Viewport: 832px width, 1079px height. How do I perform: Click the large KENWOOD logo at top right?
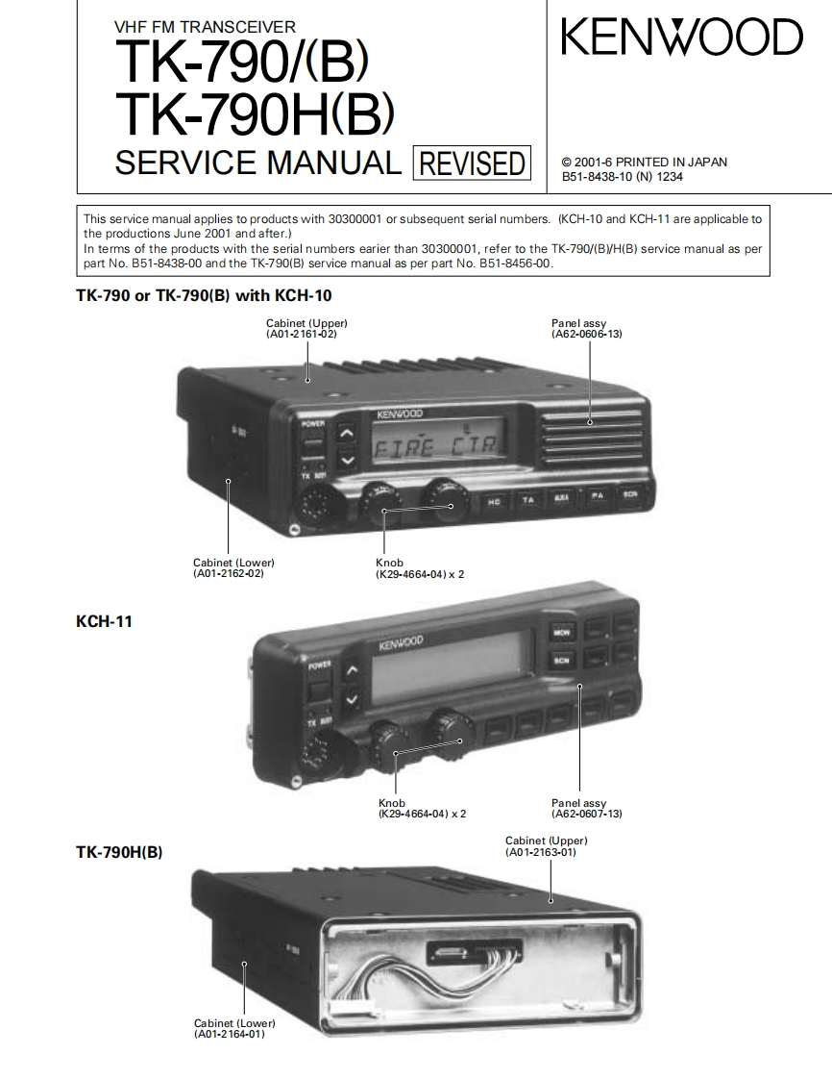[x=681, y=39]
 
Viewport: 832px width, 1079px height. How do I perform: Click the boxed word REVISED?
[x=471, y=163]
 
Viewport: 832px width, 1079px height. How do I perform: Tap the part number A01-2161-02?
[x=302, y=334]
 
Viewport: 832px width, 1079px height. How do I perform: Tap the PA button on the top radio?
[x=597, y=496]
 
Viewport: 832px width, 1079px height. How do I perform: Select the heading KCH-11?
[x=104, y=622]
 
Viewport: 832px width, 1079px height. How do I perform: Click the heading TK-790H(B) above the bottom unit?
[x=119, y=851]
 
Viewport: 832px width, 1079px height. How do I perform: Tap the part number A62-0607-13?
[x=587, y=814]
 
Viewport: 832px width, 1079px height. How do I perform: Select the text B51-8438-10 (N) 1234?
[x=623, y=177]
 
